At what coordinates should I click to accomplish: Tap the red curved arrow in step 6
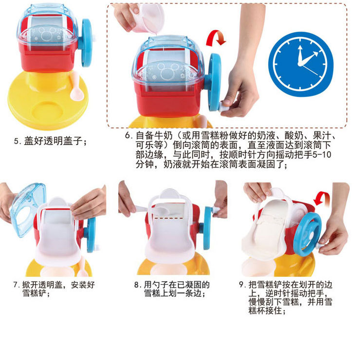(x=216, y=38)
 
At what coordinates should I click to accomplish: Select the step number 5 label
(x=17, y=142)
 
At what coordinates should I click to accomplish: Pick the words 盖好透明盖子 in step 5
(x=55, y=142)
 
